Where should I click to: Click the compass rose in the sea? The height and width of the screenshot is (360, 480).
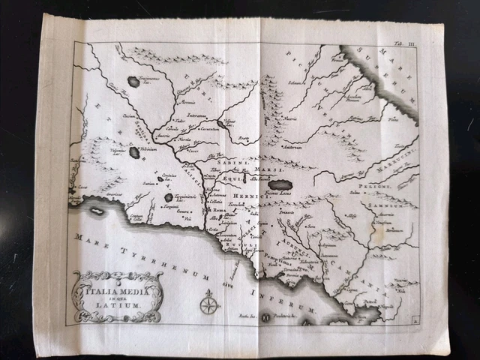pyautogui.click(x=209, y=304)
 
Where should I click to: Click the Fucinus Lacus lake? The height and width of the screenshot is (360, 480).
pyautogui.click(x=280, y=184)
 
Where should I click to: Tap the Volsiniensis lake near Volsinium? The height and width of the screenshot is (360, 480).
pyautogui.click(x=134, y=152)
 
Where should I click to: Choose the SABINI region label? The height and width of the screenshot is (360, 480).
pyautogui.click(x=232, y=161)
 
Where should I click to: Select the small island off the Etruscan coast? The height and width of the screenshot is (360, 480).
pyautogui.click(x=97, y=211)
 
